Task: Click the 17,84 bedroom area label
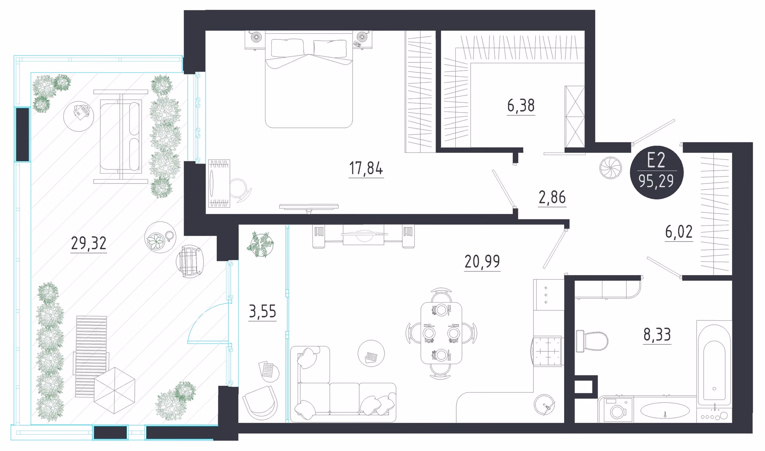click(366, 168)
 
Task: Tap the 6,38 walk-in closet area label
click(521, 105)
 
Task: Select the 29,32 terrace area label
click(88, 243)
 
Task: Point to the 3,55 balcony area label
click(262, 311)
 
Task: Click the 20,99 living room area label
click(482, 262)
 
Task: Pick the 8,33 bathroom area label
click(657, 334)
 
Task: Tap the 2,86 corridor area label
click(552, 197)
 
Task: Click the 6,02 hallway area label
click(679, 232)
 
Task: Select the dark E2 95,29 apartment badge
click(657, 172)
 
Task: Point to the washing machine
click(616, 409)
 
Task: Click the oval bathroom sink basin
click(665, 410)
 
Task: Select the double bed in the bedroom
click(309, 80)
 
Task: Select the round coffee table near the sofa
click(371, 353)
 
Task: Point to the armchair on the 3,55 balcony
click(260, 403)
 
